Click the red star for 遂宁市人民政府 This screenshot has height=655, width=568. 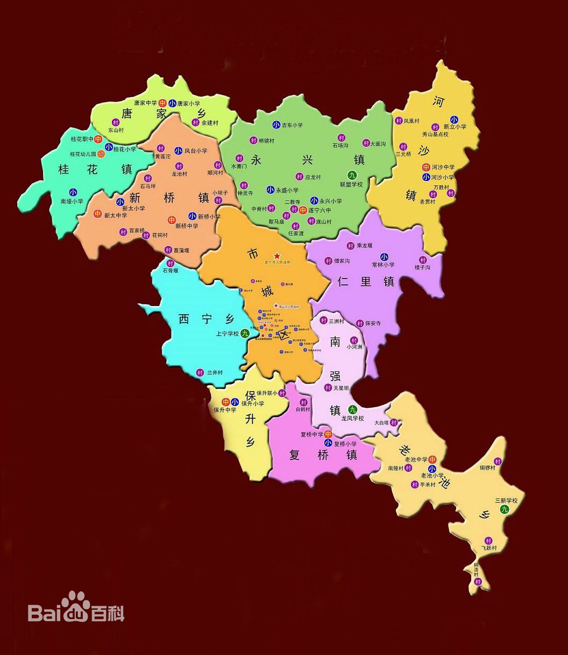(x=277, y=255)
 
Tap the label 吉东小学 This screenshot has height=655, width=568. (x=292, y=126)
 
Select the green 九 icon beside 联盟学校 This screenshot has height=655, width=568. (x=352, y=175)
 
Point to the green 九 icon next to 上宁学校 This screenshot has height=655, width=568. (x=245, y=333)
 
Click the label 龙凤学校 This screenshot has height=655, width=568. (x=352, y=419)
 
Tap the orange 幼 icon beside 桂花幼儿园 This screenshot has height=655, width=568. (x=101, y=154)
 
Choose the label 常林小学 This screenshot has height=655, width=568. (x=383, y=264)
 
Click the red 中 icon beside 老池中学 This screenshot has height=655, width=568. (x=432, y=459)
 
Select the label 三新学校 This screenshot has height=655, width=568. (x=506, y=500)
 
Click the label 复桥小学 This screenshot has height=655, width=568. (x=345, y=444)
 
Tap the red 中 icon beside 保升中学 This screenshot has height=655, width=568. (x=226, y=401)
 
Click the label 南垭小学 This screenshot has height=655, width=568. (x=72, y=201)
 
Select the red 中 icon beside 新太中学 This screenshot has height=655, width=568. (x=98, y=214)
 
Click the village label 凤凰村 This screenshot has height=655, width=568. (x=411, y=121)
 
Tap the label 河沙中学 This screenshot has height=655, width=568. (x=443, y=168)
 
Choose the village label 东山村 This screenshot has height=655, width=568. (x=116, y=130)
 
